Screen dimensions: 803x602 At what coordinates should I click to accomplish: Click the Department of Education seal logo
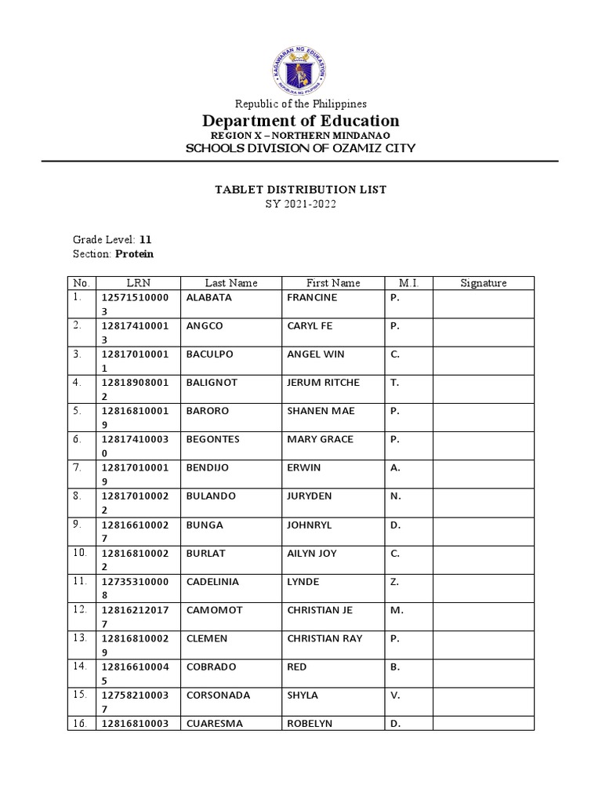coord(301,65)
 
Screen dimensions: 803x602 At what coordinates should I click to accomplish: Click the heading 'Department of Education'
coord(301,121)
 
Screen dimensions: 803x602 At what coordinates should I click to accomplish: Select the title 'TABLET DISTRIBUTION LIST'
coord(301,190)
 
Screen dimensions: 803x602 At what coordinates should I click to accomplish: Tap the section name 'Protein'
coord(135,254)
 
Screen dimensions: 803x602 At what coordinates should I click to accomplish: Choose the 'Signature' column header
coord(483,283)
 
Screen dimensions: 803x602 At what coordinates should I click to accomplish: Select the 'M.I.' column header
coord(408,283)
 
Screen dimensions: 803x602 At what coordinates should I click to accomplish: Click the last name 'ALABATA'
coord(209,298)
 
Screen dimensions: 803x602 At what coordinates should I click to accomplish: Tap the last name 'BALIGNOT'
coord(212,383)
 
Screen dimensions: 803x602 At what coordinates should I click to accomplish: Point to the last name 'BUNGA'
coord(204,525)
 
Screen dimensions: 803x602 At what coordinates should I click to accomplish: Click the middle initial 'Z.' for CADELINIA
coord(394,582)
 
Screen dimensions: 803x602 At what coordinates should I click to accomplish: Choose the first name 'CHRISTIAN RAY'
coord(325,638)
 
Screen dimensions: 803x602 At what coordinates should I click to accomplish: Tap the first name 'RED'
coord(297,667)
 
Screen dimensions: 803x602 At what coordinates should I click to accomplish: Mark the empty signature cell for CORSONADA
coord(483,702)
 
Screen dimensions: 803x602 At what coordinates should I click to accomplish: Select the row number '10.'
coord(80,554)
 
